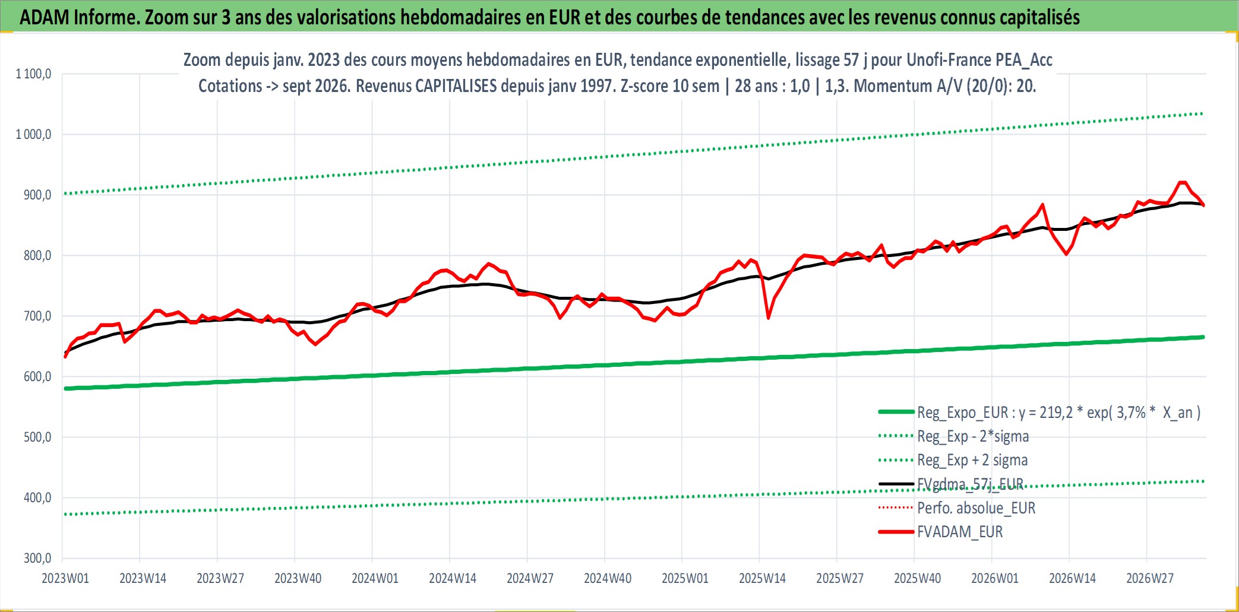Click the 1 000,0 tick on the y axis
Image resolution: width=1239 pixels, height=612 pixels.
click(33, 134)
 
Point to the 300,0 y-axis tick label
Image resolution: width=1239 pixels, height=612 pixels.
click(37, 558)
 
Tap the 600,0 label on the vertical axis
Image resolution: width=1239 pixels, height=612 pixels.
click(37, 376)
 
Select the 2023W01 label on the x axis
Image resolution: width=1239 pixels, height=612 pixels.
click(65, 578)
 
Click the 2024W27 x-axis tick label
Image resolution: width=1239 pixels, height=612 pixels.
click(530, 578)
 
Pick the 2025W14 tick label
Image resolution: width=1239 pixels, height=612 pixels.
click(762, 578)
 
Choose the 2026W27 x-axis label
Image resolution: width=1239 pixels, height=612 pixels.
click(1150, 578)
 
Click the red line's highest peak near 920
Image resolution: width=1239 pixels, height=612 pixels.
click(1182, 182)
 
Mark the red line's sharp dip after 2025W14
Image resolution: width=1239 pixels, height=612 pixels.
click(769, 318)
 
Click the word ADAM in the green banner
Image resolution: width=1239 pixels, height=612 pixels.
click(45, 17)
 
